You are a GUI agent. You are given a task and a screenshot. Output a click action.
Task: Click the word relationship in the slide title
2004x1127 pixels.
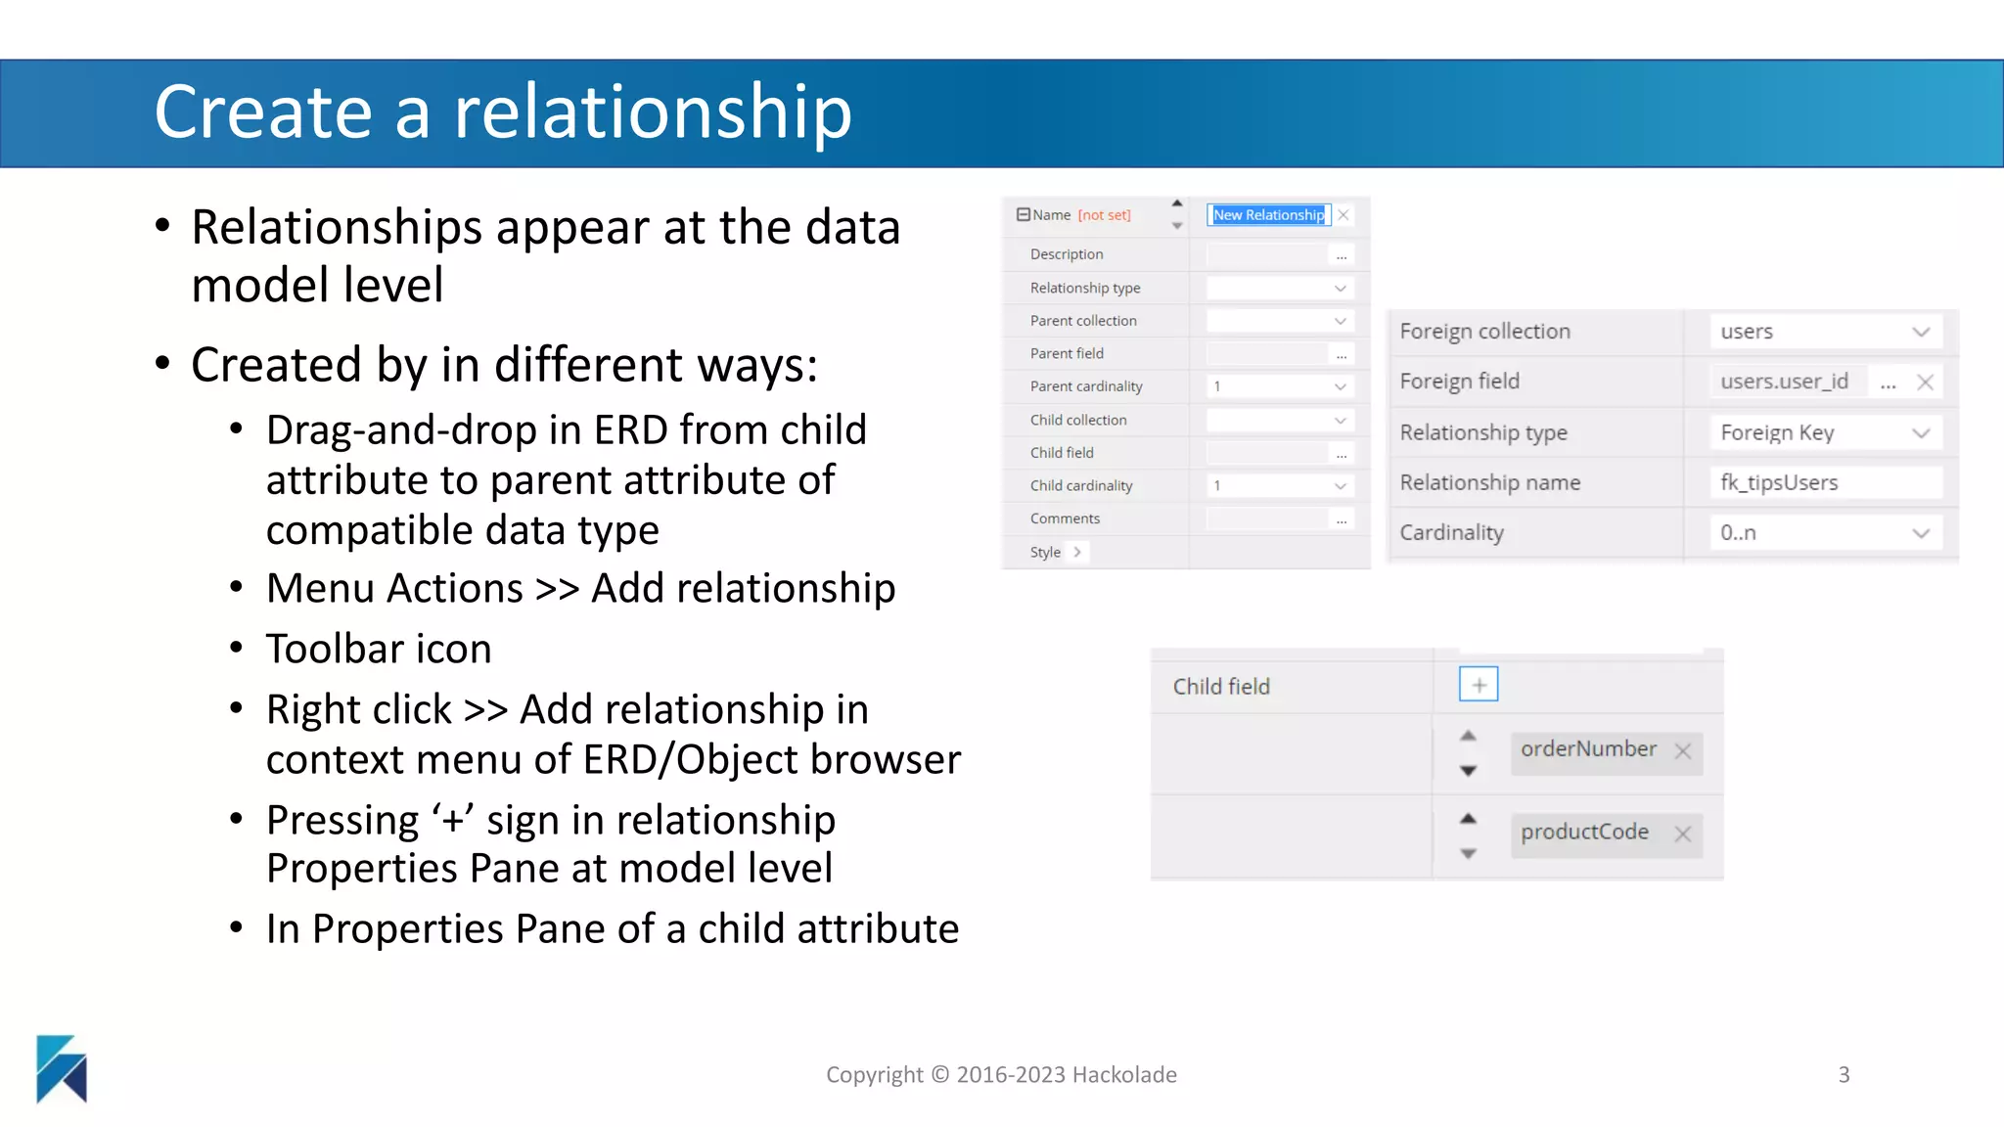[x=653, y=113]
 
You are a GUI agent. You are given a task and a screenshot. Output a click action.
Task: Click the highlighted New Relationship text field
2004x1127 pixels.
[x=1268, y=215]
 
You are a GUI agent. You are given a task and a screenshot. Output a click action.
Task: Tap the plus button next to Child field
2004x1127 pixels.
[x=1478, y=685]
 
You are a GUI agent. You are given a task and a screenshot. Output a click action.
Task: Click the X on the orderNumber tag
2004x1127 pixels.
[x=1682, y=751]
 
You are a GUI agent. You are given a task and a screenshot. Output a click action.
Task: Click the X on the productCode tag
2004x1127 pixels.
[x=1682, y=834]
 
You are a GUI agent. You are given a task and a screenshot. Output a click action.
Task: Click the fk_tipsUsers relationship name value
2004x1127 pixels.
[x=1779, y=482]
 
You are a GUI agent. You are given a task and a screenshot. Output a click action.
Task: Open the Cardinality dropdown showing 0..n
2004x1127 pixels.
[x=1920, y=533]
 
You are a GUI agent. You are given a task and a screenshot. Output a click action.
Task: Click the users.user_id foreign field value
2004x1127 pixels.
[x=1784, y=382]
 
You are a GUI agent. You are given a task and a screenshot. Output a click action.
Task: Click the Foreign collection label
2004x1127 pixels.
[x=1484, y=332]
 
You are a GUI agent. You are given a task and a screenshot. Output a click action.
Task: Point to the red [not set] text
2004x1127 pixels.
[x=1104, y=215]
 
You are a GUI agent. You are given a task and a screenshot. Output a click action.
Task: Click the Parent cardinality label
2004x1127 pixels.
[x=1085, y=386]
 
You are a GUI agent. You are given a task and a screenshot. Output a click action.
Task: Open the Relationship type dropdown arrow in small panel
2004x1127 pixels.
[x=1340, y=289]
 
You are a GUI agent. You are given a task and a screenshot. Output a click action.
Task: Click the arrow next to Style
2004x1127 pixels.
[x=1077, y=552]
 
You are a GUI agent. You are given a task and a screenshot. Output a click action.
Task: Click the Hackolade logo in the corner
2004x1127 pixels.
[x=62, y=1068]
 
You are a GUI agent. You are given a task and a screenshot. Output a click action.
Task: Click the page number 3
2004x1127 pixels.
[x=1844, y=1075]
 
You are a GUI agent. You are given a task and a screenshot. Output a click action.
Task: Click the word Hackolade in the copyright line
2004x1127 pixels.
[x=1124, y=1075]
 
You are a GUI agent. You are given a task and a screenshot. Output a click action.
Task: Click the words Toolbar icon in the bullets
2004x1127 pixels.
[x=379, y=649]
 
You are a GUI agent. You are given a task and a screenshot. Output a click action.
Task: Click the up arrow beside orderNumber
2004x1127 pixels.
[x=1468, y=736]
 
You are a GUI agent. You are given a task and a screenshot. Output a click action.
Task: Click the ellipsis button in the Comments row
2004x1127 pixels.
[x=1341, y=519]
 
